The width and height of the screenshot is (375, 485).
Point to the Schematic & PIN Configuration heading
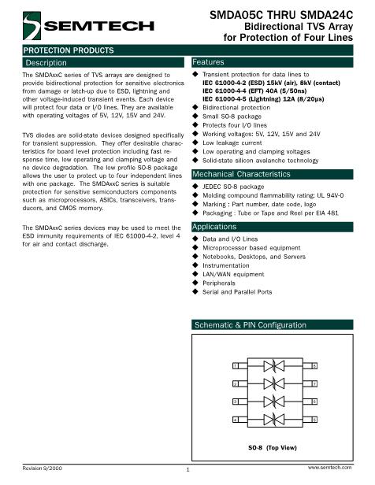pos(261,324)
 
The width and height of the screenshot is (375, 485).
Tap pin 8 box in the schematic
pos(314,366)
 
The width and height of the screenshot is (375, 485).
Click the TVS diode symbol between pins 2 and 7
pos(274,383)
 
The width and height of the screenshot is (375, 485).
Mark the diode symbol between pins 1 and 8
pos(274,366)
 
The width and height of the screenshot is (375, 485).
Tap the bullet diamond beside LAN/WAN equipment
pos(195,274)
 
